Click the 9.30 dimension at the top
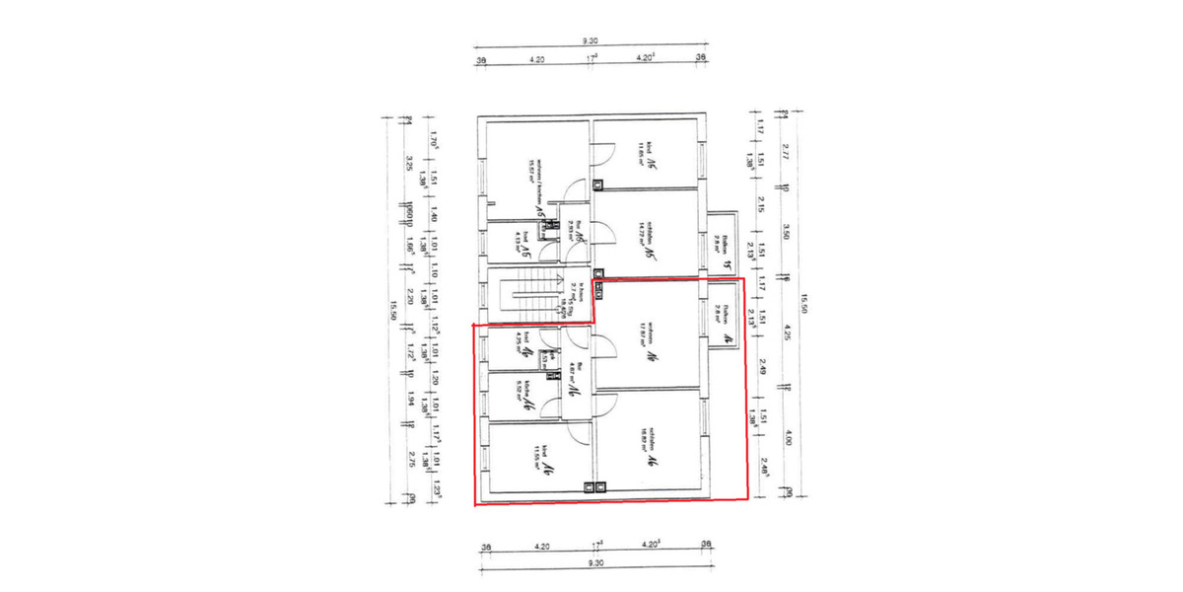click(590, 40)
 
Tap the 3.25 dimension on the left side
click(408, 162)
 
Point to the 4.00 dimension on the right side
click(787, 437)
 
